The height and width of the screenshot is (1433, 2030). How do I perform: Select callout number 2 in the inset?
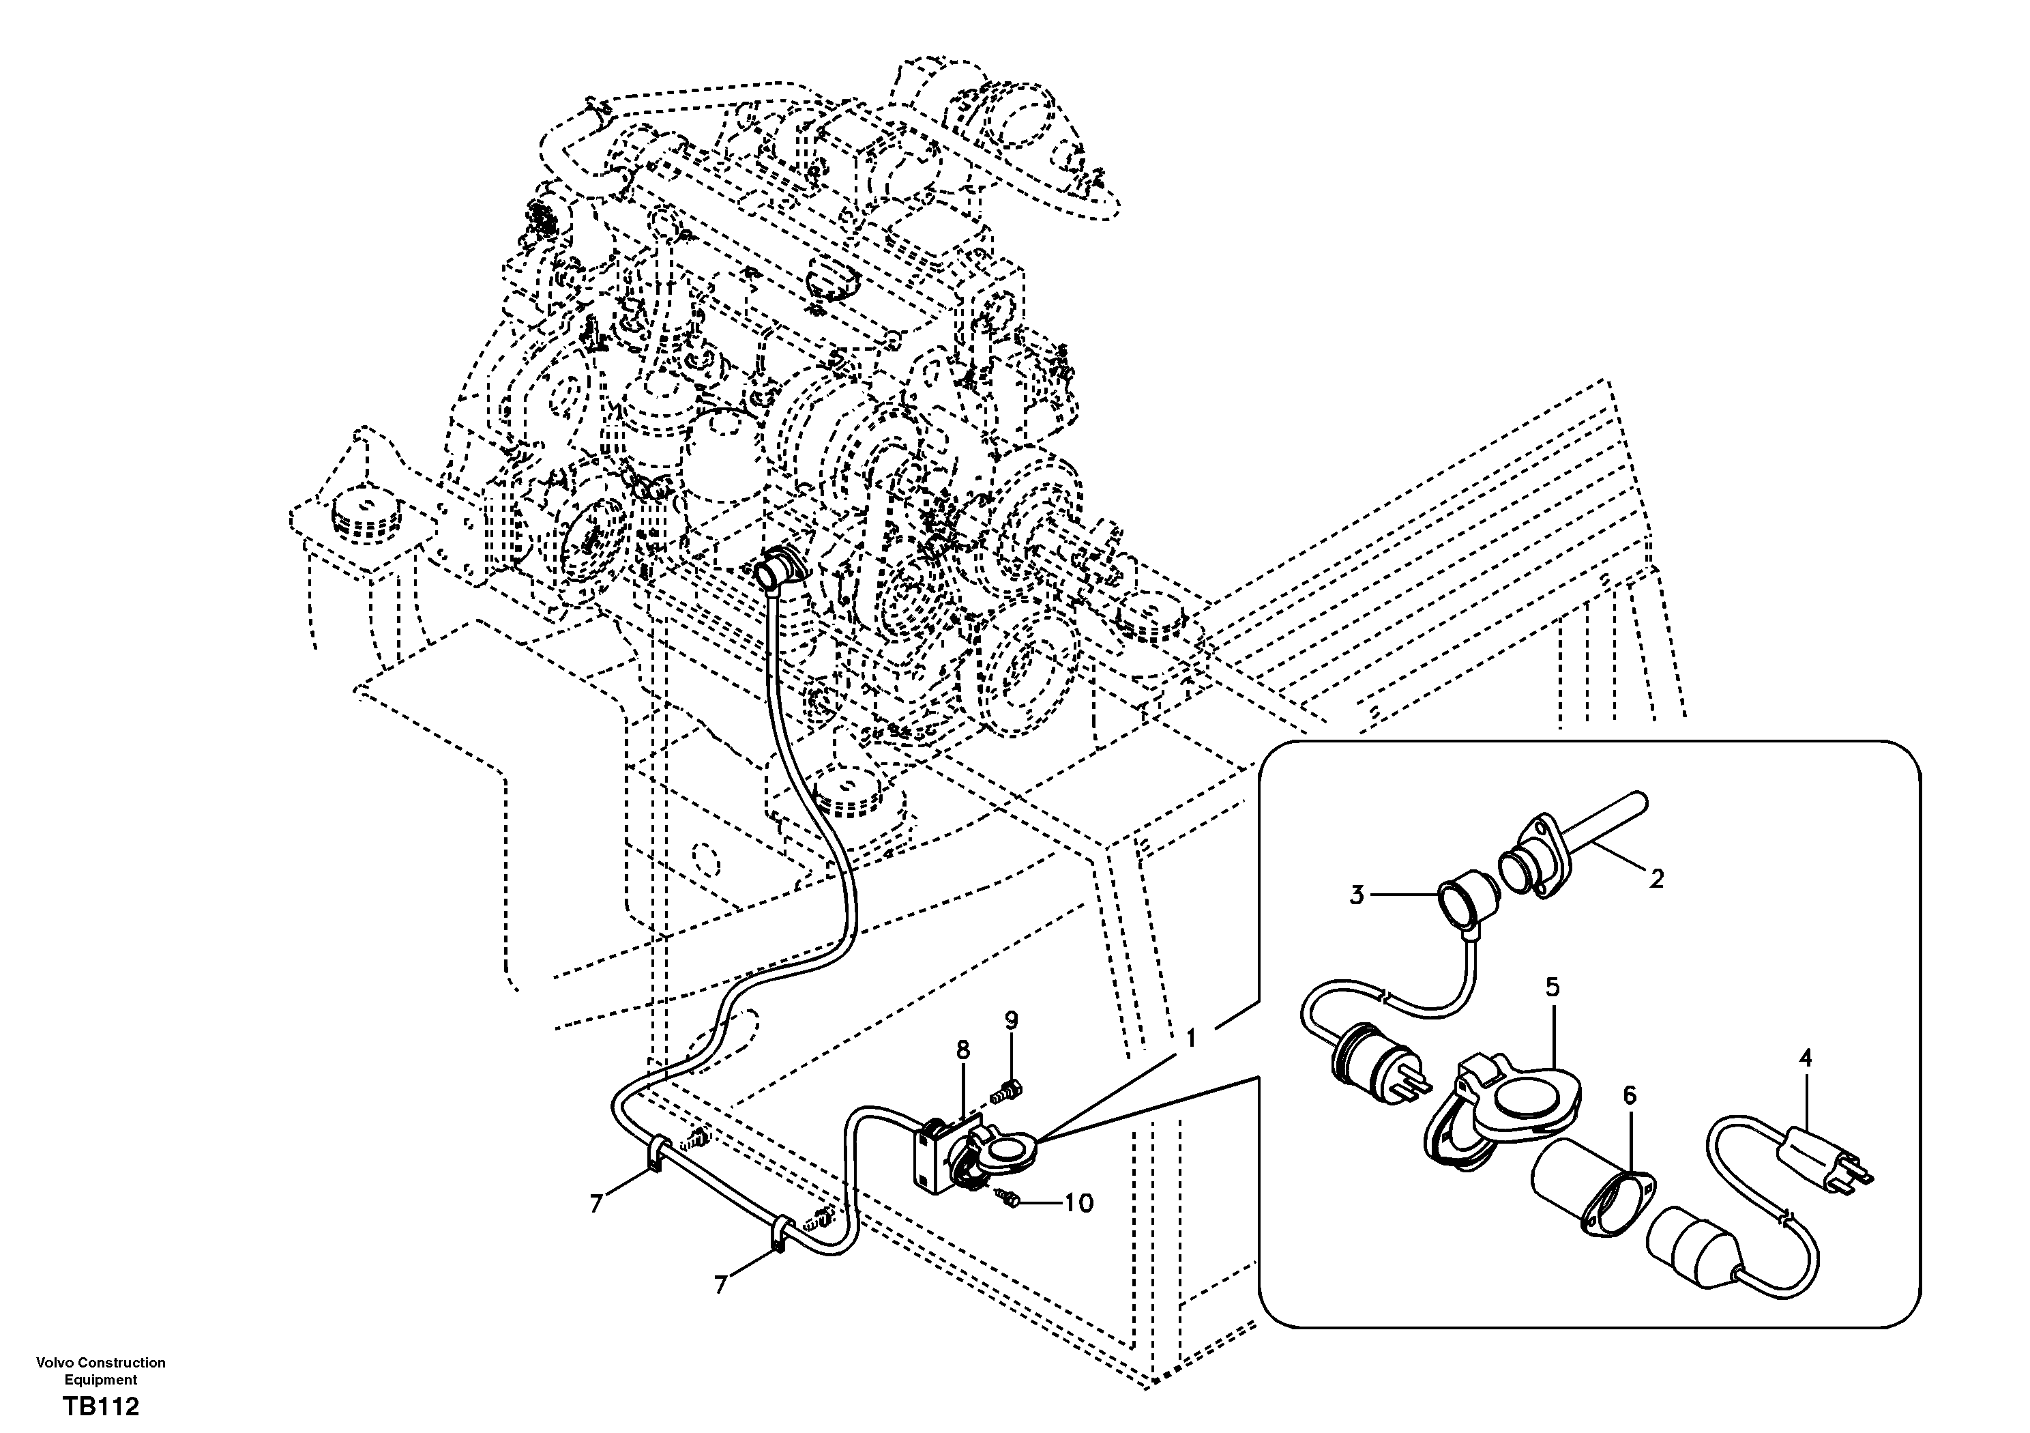tap(1656, 880)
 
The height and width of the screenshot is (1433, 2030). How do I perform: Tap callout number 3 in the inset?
tap(1356, 895)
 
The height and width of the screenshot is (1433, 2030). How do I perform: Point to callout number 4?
tap(1806, 1057)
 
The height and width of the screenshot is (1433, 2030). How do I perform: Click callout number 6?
tap(1630, 1096)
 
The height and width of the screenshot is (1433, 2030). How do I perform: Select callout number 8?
tap(963, 1050)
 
